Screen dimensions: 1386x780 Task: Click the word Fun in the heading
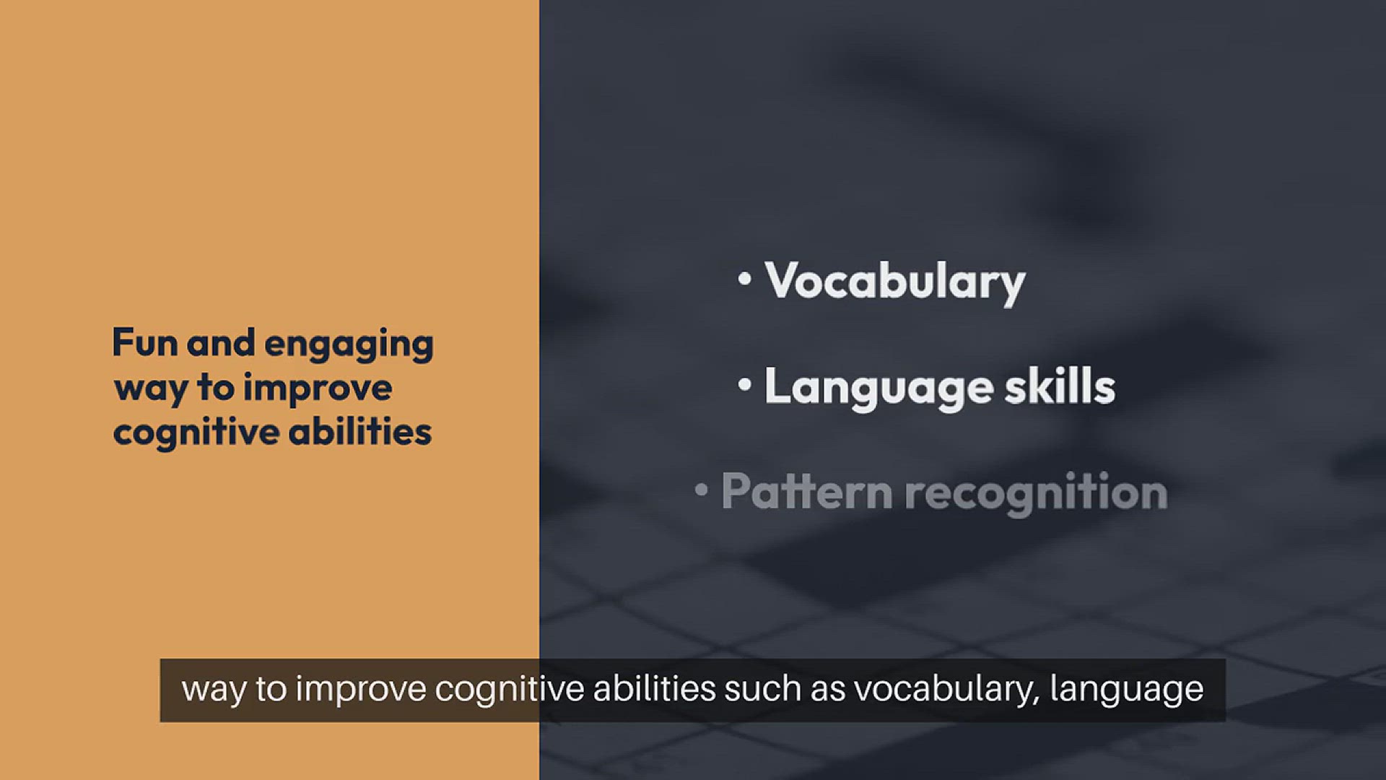145,342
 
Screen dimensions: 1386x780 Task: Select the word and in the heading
221,342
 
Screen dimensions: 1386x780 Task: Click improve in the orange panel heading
318,390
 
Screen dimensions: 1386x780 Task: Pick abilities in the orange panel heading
360,431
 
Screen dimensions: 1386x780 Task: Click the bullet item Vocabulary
895,282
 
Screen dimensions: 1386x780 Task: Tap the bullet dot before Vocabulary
745,279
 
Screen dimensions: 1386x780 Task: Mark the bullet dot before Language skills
745,385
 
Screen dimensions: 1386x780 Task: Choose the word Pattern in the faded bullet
807,492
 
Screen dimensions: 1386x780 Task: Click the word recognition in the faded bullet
1037,494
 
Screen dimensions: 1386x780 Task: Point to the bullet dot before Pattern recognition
701,490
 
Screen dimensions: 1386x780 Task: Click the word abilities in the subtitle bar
655,689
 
